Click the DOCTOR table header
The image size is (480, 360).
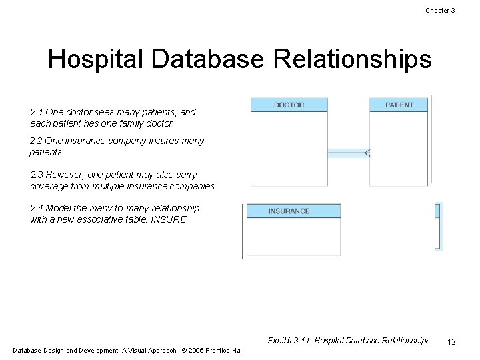point(289,105)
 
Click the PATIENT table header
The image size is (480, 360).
point(399,105)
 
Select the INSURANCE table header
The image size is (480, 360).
point(289,211)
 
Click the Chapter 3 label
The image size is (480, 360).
point(440,11)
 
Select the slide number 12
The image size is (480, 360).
point(451,341)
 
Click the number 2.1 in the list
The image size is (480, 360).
point(37,113)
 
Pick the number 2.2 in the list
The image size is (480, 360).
point(37,141)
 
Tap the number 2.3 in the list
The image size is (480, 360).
point(37,175)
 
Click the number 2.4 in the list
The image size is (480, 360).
point(37,208)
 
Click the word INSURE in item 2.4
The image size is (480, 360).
point(172,219)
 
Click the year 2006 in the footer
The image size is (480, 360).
point(195,351)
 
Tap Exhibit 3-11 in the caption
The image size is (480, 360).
point(289,341)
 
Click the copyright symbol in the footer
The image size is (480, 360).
point(183,351)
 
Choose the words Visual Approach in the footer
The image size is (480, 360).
point(154,351)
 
